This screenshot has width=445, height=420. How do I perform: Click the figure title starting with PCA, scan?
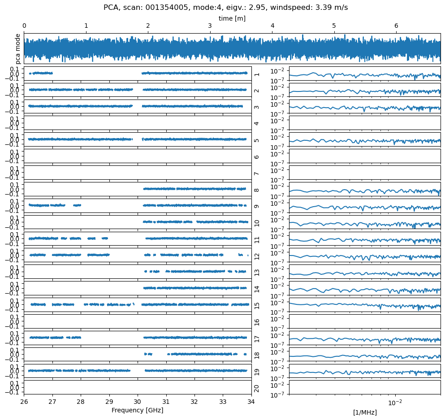225,7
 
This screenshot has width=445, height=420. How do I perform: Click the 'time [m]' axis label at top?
232,18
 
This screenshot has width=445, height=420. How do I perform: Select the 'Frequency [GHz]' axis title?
137,410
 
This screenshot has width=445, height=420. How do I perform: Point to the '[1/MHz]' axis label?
365,412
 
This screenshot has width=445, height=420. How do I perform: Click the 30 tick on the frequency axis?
138,402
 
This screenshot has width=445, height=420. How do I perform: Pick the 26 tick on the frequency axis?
24,402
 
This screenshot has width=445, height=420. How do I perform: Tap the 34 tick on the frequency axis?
251,402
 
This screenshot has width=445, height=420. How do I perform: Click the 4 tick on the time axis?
272,26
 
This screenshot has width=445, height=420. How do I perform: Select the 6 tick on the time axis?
396,26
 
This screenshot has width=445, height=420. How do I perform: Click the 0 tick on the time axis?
24,26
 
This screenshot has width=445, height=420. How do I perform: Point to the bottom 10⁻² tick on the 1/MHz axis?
395,402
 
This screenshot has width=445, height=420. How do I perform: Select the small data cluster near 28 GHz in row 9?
77,205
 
